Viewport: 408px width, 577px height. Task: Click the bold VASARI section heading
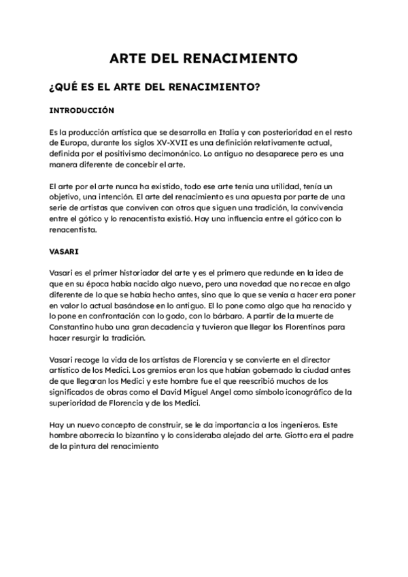(65, 250)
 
